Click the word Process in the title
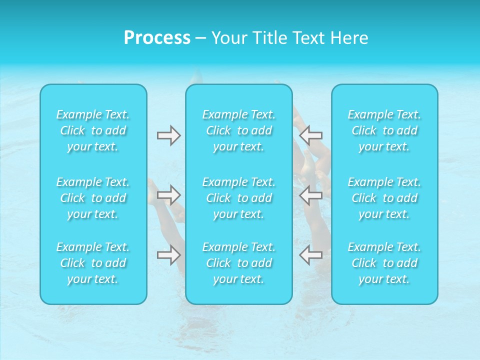click(157, 38)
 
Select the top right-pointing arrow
click(168, 136)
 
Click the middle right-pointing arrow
click(168, 195)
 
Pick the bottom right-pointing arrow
click(168, 255)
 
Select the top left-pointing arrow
click(311, 135)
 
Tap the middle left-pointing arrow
click(311, 195)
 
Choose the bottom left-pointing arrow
click(311, 255)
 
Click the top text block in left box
click(93, 130)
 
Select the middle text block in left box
click(93, 198)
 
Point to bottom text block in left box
click(93, 263)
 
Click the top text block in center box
click(239, 130)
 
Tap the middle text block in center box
click(239, 198)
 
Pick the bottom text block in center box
click(239, 263)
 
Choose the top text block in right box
click(384, 130)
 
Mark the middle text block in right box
click(384, 198)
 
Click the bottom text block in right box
click(384, 263)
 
